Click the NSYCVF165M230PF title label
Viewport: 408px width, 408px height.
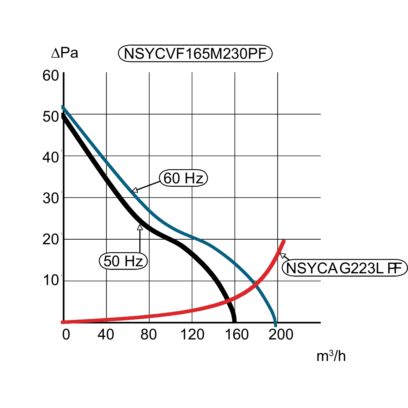click(195, 54)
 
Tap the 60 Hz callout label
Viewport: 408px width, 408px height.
click(183, 178)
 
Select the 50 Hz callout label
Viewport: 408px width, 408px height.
click(123, 261)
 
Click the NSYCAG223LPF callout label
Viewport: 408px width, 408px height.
click(344, 268)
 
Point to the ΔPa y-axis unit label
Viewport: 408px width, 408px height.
click(65, 53)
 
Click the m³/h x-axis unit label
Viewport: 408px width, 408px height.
click(331, 356)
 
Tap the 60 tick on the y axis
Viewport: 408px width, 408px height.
click(51, 76)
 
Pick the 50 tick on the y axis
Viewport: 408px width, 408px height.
click(51, 117)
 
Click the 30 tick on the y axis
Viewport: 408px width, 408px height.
click(51, 198)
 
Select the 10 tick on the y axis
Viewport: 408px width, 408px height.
click(51, 280)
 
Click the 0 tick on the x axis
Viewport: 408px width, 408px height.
click(66, 334)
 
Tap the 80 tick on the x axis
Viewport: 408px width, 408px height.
click(149, 334)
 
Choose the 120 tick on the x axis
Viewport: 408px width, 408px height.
click(192, 334)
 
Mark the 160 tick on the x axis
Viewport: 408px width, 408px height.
click(237, 334)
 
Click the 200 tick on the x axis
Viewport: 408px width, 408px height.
click(281, 334)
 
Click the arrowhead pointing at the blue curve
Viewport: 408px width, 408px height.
click(135, 190)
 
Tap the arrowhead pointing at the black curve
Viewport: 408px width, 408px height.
click(140, 227)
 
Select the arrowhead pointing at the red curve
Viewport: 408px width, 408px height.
click(283, 255)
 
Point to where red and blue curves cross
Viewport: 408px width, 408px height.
click(255, 283)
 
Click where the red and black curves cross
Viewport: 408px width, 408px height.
click(228, 300)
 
